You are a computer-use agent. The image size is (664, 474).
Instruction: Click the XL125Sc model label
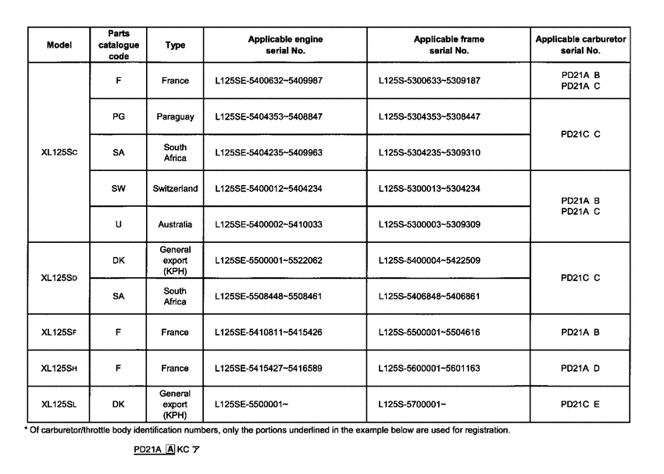(59, 153)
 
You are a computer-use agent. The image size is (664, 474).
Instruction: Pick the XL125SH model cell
(59, 369)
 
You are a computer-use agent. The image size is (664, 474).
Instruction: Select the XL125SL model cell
(59, 405)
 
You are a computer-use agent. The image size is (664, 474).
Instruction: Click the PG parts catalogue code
(118, 116)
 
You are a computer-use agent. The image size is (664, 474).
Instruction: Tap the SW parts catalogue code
(118, 189)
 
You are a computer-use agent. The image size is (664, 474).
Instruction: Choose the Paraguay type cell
(176, 116)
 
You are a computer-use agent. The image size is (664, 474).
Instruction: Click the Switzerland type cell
(176, 189)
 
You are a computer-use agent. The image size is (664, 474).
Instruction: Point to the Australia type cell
(176, 224)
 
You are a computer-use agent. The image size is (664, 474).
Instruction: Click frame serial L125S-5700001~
(412, 405)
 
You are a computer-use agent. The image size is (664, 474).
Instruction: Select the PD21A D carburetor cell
(580, 369)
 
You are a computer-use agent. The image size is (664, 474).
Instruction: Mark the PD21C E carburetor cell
(580, 405)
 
